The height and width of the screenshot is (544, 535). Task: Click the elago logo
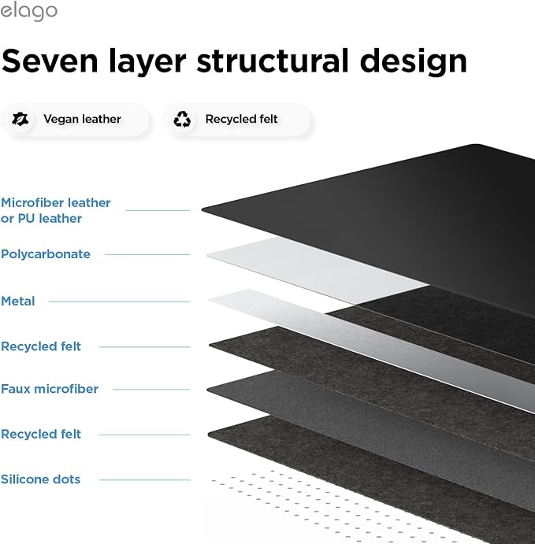pos(28,12)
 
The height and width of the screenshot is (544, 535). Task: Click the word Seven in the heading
pos(50,61)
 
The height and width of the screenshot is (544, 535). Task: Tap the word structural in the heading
pos(273,61)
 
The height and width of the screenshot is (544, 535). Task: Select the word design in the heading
pos(414,62)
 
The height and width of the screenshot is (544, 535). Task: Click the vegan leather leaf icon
pos(20,119)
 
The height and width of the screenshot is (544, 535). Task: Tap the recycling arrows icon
pos(182,119)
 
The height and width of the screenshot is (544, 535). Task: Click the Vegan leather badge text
pos(82,119)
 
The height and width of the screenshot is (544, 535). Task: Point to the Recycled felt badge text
pos(241,119)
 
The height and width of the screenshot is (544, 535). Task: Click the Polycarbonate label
pos(46,254)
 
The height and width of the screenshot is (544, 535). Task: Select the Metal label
pos(17,302)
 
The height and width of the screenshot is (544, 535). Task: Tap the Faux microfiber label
pos(50,389)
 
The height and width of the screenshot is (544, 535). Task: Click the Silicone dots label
pos(41,479)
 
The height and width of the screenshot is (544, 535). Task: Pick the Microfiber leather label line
pos(158,210)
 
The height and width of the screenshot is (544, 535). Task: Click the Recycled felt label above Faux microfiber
pos(41,346)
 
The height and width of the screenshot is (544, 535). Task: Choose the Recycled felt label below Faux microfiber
pos(41,434)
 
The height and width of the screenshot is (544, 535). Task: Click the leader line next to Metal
pos(120,302)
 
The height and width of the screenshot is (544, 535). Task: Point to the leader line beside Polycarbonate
pos(147,254)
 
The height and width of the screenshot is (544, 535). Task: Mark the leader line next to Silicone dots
pos(145,479)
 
